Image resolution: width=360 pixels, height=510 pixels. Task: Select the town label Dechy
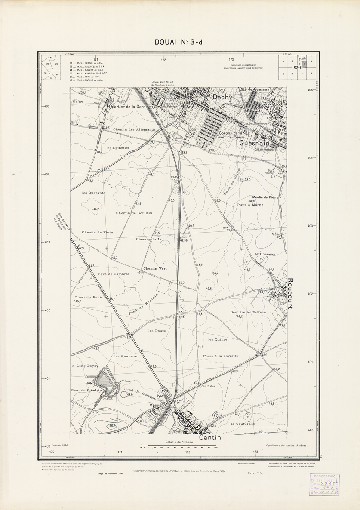click(x=221, y=98)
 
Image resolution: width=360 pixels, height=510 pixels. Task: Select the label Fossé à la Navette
click(x=219, y=356)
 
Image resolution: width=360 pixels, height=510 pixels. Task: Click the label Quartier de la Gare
click(x=129, y=107)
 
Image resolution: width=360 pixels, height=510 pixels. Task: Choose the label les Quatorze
click(x=126, y=356)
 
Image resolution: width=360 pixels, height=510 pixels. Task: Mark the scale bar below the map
click(x=179, y=448)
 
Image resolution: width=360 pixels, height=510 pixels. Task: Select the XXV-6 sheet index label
click(x=296, y=68)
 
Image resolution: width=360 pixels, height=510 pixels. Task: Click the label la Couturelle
click(x=243, y=424)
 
